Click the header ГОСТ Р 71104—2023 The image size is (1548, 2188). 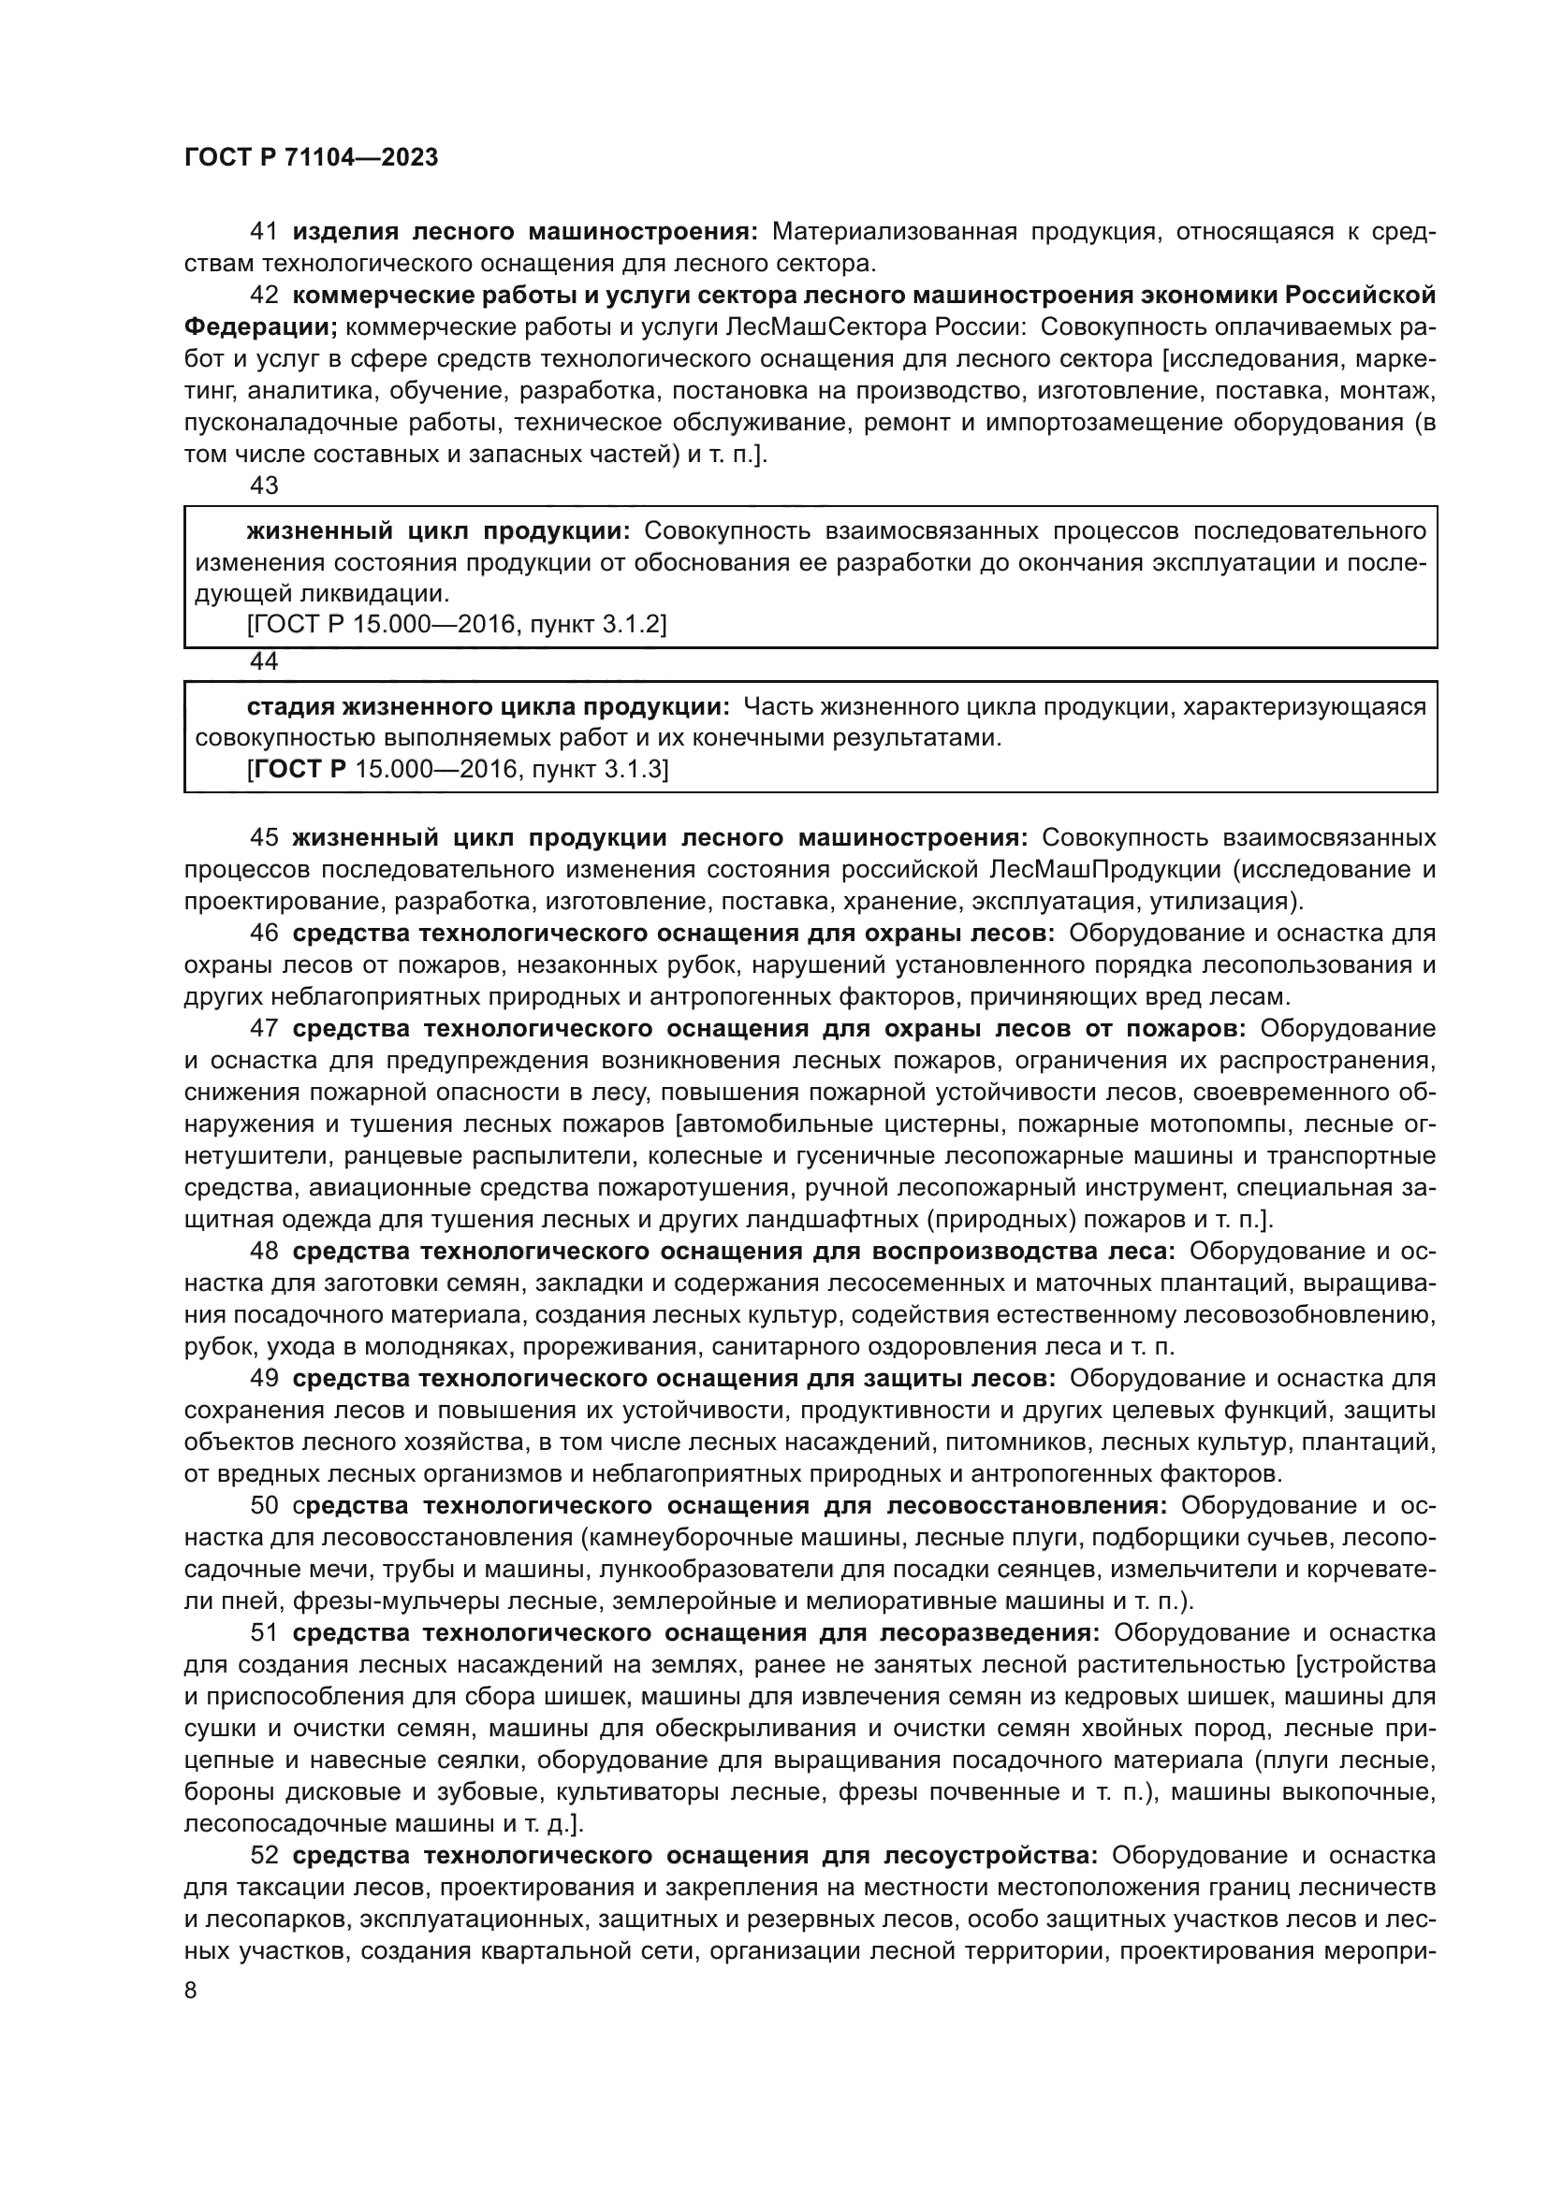point(311,158)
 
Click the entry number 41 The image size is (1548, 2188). point(264,232)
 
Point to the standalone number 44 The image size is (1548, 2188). point(264,660)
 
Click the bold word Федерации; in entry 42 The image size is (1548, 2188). point(260,326)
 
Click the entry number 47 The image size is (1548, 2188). point(264,1028)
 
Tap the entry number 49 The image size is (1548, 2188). point(264,1378)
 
